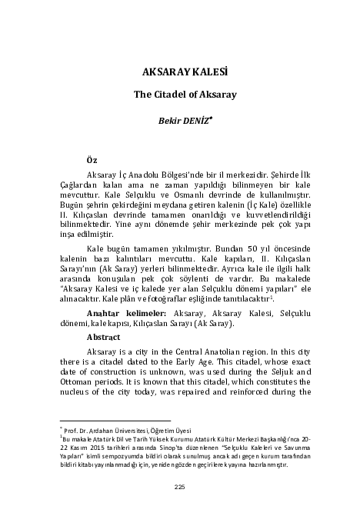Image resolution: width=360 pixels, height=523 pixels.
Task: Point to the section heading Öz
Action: pos(92,159)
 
